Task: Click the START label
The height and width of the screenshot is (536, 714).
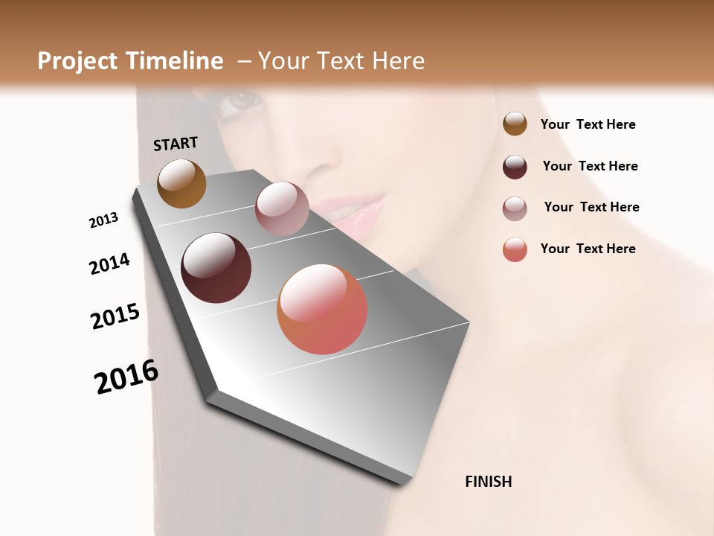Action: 176,144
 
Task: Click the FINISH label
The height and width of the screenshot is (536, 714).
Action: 488,482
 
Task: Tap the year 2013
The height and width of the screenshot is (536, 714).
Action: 103,220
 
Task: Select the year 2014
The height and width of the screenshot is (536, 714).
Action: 109,264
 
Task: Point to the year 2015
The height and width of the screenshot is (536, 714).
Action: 115,316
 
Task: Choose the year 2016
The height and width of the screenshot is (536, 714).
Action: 126,377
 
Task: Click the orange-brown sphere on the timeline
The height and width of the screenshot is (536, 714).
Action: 181,183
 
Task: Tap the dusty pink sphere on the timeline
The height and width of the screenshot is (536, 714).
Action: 282,208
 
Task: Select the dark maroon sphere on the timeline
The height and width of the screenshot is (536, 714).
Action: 216,268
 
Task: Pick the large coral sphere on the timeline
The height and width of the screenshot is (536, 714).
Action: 322,309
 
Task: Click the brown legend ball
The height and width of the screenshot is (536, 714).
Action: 515,124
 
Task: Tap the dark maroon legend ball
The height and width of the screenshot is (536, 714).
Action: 515,167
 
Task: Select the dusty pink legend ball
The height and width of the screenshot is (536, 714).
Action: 515,208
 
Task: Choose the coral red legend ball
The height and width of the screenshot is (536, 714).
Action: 515,249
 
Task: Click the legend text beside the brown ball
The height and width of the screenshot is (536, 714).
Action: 588,124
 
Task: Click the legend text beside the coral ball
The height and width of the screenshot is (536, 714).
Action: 588,249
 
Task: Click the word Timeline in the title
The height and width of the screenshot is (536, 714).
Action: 175,61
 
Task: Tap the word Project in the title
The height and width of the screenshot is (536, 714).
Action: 79,61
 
